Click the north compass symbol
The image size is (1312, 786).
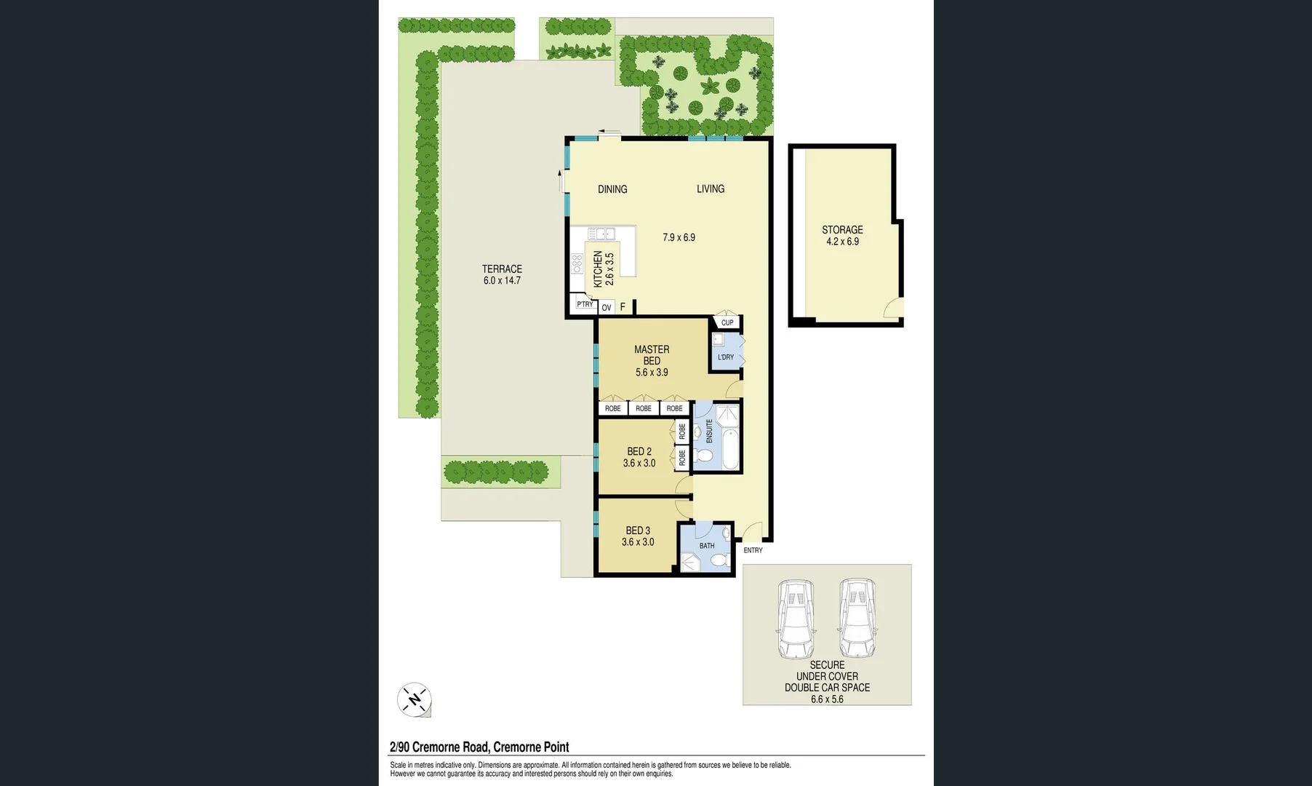pyautogui.click(x=415, y=700)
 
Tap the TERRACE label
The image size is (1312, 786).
pyautogui.click(x=502, y=269)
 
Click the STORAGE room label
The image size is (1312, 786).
pyautogui.click(x=842, y=229)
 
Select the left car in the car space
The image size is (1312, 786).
pyautogui.click(x=796, y=619)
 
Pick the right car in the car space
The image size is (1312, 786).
pyautogui.click(x=857, y=619)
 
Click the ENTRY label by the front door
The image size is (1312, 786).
pyautogui.click(x=753, y=550)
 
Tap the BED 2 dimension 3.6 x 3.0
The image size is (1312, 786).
pyautogui.click(x=639, y=463)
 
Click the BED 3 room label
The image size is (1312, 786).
pyautogui.click(x=638, y=531)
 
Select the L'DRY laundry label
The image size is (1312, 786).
pyautogui.click(x=725, y=357)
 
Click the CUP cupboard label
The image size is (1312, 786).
pyautogui.click(x=727, y=322)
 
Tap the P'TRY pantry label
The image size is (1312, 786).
pyautogui.click(x=584, y=304)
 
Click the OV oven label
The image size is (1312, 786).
pyautogui.click(x=607, y=308)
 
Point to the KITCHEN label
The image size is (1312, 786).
pyautogui.click(x=598, y=269)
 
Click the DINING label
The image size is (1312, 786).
pyautogui.click(x=612, y=189)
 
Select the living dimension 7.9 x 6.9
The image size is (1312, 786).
pyautogui.click(x=679, y=237)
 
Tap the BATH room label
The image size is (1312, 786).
pyautogui.click(x=706, y=546)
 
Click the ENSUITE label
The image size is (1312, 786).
pyautogui.click(x=709, y=431)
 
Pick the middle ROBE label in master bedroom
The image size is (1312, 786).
pyautogui.click(x=644, y=408)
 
